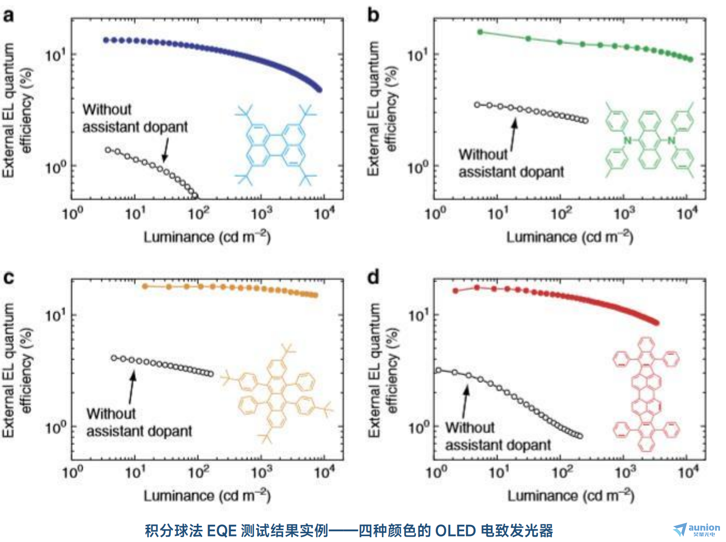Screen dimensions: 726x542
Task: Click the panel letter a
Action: coord(9,16)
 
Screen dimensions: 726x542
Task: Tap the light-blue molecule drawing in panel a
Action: coord(276,145)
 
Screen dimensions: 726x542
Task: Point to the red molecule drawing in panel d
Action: coord(646,394)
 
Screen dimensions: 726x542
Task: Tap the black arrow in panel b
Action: coord(514,135)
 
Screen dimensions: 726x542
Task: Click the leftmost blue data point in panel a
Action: coord(106,40)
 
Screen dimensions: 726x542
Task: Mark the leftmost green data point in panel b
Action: coord(480,32)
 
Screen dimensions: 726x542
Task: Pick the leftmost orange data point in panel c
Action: coord(145,286)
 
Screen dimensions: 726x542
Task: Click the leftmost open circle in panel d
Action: coord(438,370)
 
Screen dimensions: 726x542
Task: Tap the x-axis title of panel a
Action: coord(207,237)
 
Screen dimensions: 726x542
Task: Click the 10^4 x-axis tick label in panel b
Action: coord(687,213)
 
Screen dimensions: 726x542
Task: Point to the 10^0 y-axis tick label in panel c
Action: coord(55,428)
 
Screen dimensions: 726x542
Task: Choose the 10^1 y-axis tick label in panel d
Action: coord(419,315)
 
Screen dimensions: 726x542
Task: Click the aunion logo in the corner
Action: coord(696,529)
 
